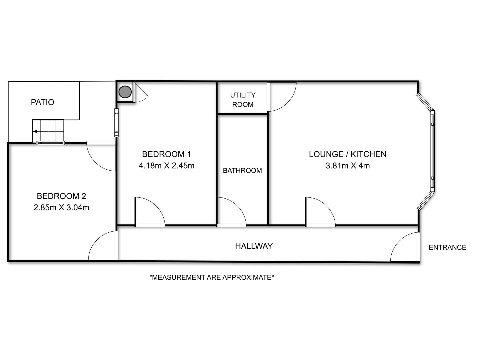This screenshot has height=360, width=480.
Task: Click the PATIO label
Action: click(x=42, y=102)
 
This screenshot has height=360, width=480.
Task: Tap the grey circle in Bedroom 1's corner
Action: click(x=125, y=92)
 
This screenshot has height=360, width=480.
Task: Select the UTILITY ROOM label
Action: click(x=243, y=100)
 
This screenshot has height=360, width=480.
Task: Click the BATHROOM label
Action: click(x=242, y=170)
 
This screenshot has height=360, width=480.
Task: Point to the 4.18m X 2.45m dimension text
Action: click(x=166, y=165)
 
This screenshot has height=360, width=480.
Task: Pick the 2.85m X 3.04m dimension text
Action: click(x=61, y=207)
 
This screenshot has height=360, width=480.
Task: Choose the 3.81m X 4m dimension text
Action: click(x=347, y=165)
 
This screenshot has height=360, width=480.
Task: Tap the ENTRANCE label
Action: click(x=447, y=247)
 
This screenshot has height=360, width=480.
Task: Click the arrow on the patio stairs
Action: click(x=35, y=132)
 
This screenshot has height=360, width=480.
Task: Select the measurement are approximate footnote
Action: click(x=212, y=277)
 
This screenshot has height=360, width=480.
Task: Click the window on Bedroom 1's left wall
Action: click(x=116, y=123)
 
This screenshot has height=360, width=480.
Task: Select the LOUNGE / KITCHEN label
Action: click(x=347, y=154)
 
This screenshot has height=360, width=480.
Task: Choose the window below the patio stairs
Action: click(x=50, y=143)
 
